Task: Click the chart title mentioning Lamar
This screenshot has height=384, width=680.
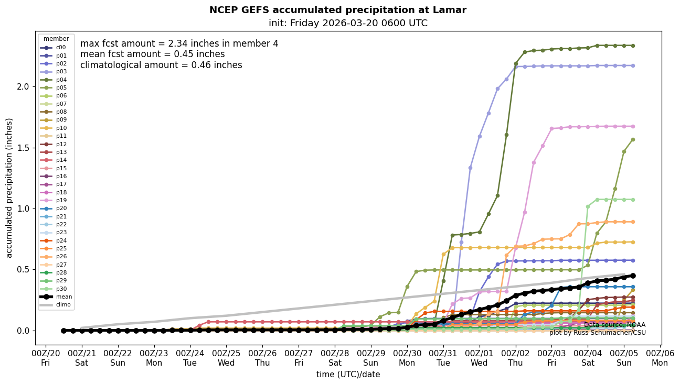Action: point(337,10)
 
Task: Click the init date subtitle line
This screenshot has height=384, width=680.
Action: point(348,23)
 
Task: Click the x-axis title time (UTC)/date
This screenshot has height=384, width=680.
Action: point(348,375)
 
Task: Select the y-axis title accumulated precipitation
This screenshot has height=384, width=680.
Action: point(9,188)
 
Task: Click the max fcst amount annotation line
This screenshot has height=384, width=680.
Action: point(179,43)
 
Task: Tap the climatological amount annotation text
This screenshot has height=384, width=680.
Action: point(161,65)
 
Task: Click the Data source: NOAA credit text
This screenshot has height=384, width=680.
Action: point(614,325)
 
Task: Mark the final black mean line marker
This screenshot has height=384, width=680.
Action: point(633,276)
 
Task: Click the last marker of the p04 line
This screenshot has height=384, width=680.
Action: point(633,46)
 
